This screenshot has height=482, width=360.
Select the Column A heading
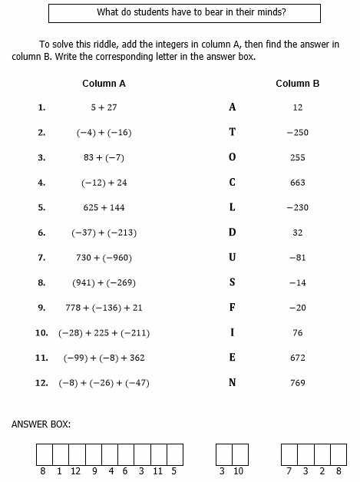click(x=104, y=83)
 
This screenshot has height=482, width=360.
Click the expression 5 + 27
click(x=104, y=107)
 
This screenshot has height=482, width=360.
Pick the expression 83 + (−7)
click(x=104, y=157)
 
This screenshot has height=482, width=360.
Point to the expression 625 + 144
click(x=104, y=207)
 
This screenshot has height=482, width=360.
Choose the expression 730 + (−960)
click(x=104, y=257)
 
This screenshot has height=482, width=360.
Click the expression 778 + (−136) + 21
click(x=104, y=308)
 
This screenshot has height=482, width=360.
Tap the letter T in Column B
click(x=233, y=132)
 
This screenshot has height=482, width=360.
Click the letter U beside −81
click(x=233, y=257)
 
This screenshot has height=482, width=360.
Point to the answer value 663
click(x=298, y=183)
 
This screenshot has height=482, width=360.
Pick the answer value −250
click(x=297, y=133)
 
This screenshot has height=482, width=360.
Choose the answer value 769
click(x=298, y=382)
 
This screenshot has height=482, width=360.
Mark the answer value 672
click(x=298, y=358)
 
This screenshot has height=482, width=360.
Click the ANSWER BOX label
click(x=41, y=424)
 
